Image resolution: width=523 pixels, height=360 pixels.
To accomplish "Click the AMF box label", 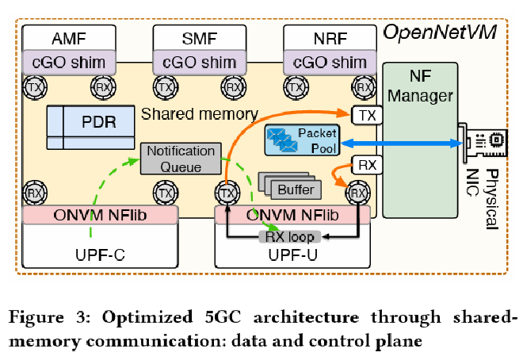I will pyautogui.click(x=70, y=38).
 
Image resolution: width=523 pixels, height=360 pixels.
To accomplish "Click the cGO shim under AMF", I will pyautogui.click(x=70, y=61).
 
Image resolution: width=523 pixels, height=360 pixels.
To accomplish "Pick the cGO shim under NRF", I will pyautogui.click(x=328, y=61).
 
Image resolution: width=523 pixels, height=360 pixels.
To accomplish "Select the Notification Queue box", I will pyautogui.click(x=181, y=159).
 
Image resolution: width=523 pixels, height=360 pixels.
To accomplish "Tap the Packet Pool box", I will pyautogui.click(x=302, y=141).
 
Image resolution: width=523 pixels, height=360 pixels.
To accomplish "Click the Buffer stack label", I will pyautogui.click(x=296, y=190).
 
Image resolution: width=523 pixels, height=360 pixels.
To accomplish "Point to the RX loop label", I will pyautogui.click(x=289, y=237).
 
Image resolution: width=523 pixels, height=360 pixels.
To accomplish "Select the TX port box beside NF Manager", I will pyautogui.click(x=368, y=116).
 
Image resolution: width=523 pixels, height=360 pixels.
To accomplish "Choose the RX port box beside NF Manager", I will pyautogui.click(x=368, y=166).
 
